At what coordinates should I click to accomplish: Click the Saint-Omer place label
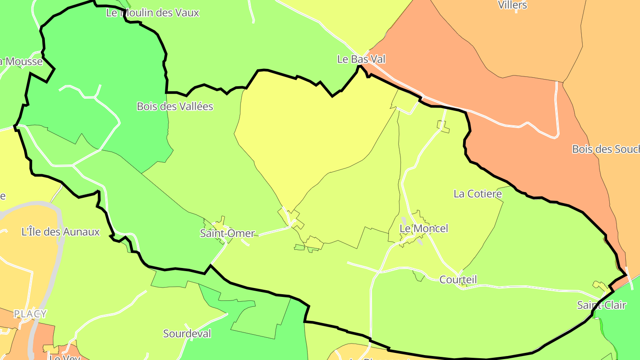pyautogui.click(x=227, y=233)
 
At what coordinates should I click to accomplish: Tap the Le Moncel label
pyautogui.click(x=424, y=228)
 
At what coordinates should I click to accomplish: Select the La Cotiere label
pyautogui.click(x=477, y=194)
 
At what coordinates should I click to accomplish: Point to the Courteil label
pyautogui.click(x=458, y=280)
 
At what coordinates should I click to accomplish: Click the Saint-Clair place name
pyautogui.click(x=601, y=305)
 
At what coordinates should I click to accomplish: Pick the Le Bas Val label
pyautogui.click(x=361, y=59)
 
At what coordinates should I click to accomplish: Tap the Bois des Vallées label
pyautogui.click(x=175, y=107)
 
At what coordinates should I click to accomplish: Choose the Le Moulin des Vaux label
pyautogui.click(x=152, y=13)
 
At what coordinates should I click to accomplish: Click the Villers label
pyautogui.click(x=512, y=5)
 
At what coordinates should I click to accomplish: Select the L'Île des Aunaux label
pyautogui.click(x=60, y=232)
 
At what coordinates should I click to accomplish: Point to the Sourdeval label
pyautogui.click(x=187, y=333)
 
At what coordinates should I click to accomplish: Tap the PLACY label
pyautogui.click(x=30, y=314)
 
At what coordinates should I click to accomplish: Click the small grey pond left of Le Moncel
pyautogui.click(x=404, y=220)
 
